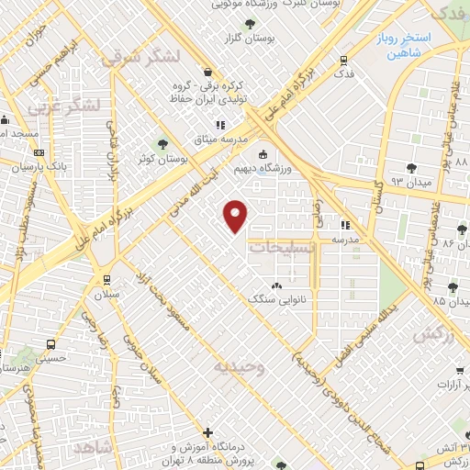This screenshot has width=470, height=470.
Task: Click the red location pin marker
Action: click(236, 216)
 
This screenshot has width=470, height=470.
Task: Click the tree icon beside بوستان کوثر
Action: click(162, 143)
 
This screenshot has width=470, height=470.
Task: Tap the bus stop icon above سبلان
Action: click(107, 279)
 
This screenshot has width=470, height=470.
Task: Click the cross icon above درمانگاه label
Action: click(208, 432)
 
